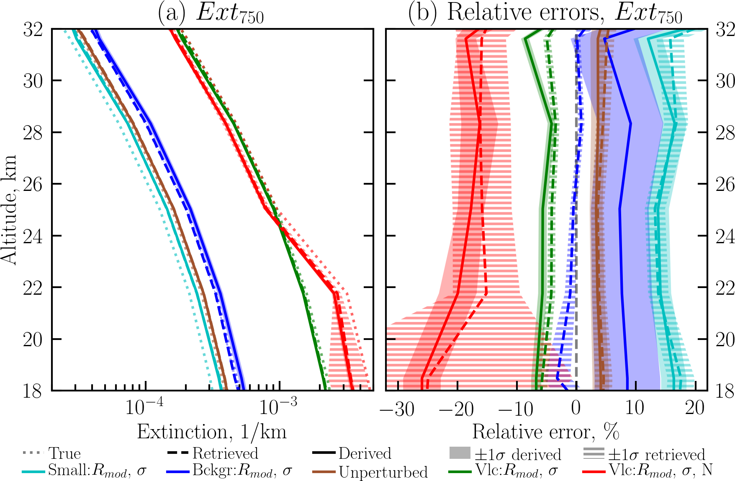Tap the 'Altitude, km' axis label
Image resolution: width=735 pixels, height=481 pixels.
pyautogui.click(x=9, y=210)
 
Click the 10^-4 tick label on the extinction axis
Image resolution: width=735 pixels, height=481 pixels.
pyautogui.click(x=144, y=407)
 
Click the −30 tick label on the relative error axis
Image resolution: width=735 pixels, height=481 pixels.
pyautogui.click(x=397, y=408)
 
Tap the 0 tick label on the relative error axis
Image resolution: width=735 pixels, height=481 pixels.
pyautogui.click(x=576, y=408)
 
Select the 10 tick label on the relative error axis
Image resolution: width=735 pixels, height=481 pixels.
pyautogui.click(x=635, y=408)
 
